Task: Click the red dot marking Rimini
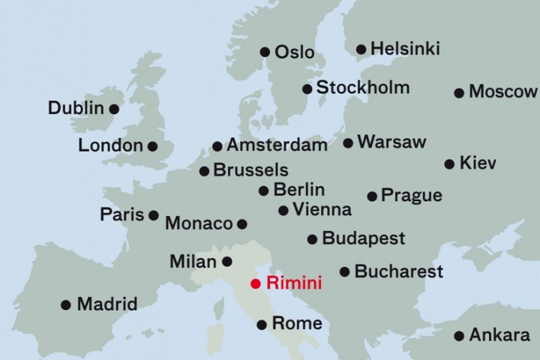[x=256, y=283]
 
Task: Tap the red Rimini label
[x=295, y=283]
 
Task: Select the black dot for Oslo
[x=265, y=52]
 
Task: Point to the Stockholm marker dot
[x=307, y=88]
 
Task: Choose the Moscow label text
[x=502, y=92]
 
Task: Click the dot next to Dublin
[x=114, y=109]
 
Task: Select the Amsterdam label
[x=277, y=145]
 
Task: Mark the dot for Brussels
[x=204, y=171]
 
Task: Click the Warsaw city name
[x=391, y=142]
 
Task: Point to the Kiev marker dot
[x=449, y=163]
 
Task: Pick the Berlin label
[x=298, y=190]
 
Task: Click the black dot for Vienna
[x=283, y=211]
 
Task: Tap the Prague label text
[x=411, y=196]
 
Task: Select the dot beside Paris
[x=153, y=215]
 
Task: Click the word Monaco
[x=199, y=223]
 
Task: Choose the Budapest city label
[x=363, y=239]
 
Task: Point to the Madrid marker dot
[x=66, y=304]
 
